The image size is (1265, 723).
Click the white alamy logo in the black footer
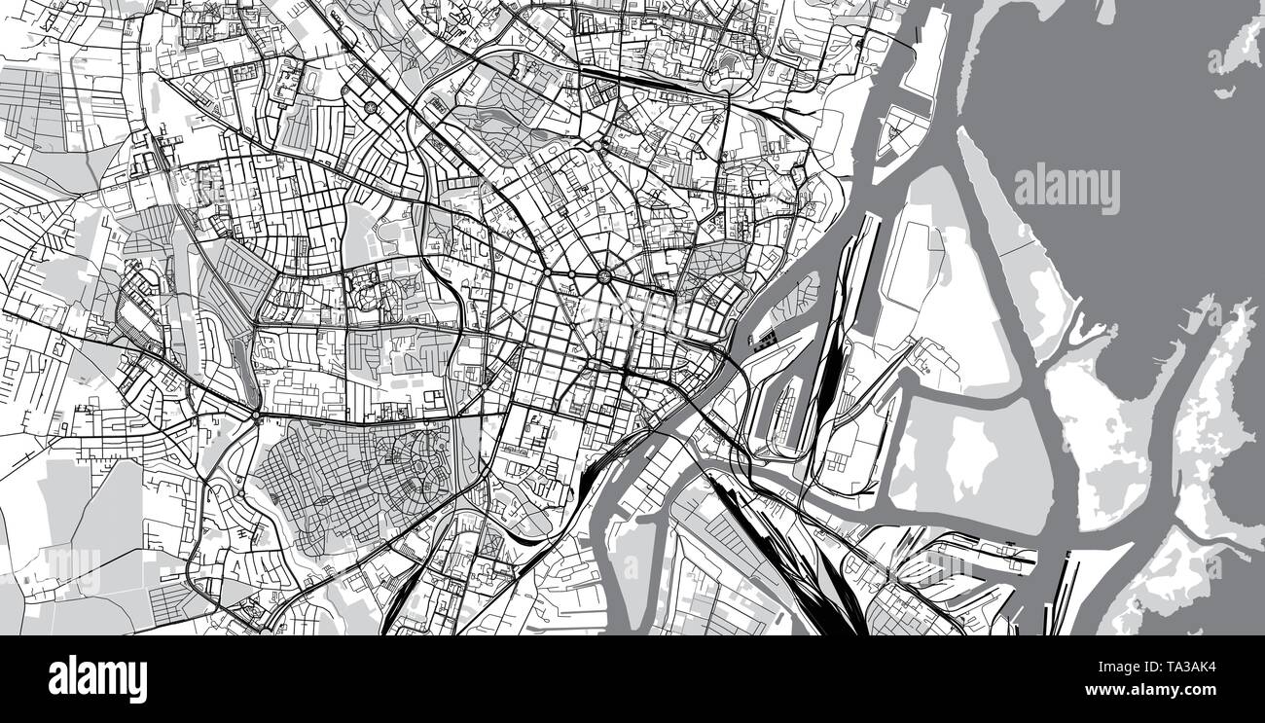point(97,678)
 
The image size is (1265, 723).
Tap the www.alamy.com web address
point(1164,690)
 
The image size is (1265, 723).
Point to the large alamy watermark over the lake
point(1066,189)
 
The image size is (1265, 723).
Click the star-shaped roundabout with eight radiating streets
point(605,276)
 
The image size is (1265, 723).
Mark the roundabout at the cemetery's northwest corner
point(256,416)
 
